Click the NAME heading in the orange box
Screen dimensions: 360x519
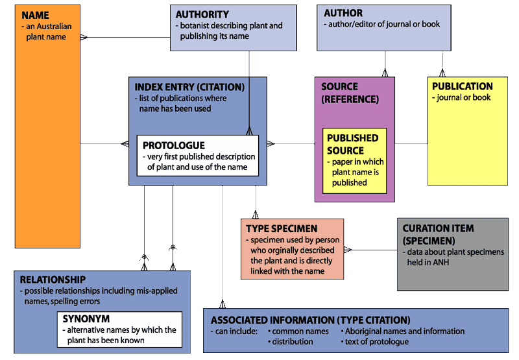click(x=35, y=16)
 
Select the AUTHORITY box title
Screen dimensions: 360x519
click(x=202, y=14)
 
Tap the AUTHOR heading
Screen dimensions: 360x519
click(x=343, y=13)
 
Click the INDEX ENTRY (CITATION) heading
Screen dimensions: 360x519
click(x=189, y=87)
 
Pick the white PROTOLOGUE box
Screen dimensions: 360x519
click(x=197, y=156)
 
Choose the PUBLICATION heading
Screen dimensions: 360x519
click(x=462, y=86)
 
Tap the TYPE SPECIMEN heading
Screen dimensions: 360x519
click(x=281, y=229)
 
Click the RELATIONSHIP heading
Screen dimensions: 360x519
click(x=53, y=280)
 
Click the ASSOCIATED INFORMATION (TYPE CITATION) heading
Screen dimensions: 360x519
click(x=310, y=320)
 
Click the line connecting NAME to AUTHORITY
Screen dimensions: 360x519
click(x=123, y=37)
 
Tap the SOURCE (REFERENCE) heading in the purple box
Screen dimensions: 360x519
click(x=350, y=93)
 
